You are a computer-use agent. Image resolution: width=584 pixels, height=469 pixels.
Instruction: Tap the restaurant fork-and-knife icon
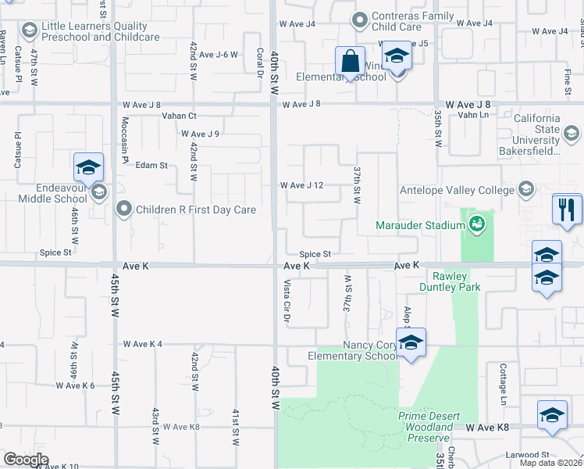[566, 209]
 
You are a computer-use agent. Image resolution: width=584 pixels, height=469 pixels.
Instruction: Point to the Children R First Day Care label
[195, 209]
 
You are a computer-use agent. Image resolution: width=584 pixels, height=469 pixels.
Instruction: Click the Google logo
[26, 459]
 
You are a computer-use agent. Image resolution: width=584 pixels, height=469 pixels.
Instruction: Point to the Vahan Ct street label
[180, 116]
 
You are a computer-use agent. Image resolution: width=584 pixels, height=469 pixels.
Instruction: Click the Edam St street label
[152, 166]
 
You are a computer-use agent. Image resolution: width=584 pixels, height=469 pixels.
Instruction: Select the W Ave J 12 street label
[301, 185]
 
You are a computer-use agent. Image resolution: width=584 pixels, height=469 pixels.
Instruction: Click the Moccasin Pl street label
[124, 139]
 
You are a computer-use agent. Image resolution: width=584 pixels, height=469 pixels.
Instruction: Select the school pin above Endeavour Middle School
[89, 167]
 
